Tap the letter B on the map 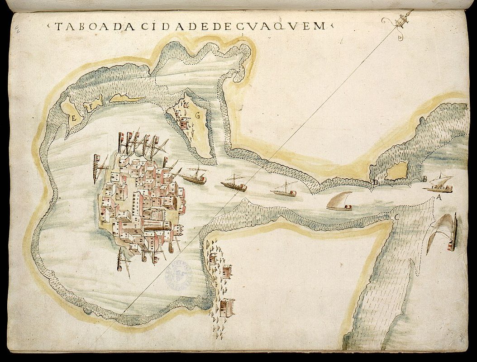(425, 179)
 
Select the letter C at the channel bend (396, 217)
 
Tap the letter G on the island (197, 114)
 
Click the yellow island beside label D (397, 171)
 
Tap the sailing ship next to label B (440, 183)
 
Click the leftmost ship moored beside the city (96, 167)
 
